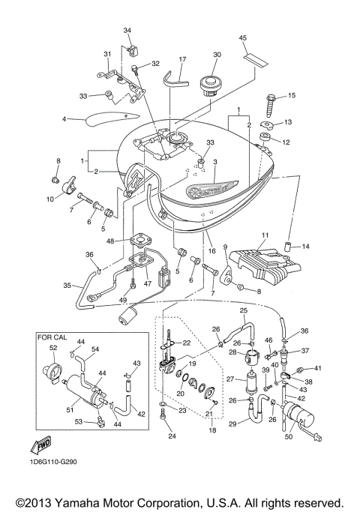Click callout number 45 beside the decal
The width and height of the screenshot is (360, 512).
(x=242, y=37)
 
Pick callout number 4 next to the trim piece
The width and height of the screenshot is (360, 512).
(x=65, y=118)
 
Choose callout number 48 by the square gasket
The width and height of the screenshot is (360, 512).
(x=110, y=241)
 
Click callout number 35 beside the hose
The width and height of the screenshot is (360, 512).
(x=66, y=286)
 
